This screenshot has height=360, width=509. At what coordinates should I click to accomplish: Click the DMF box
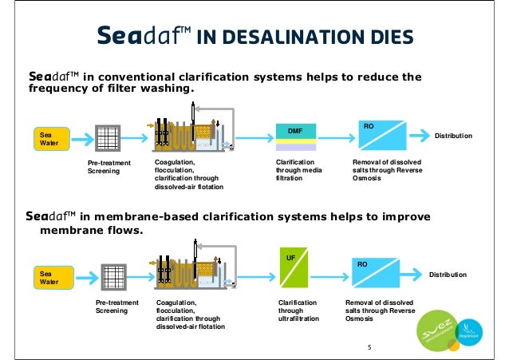coord(296,136)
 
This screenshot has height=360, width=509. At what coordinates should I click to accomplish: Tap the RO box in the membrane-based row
coord(376,273)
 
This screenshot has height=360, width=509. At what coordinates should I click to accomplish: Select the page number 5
coord(369,347)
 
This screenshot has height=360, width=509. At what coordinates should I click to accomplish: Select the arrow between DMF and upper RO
coord(335,137)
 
